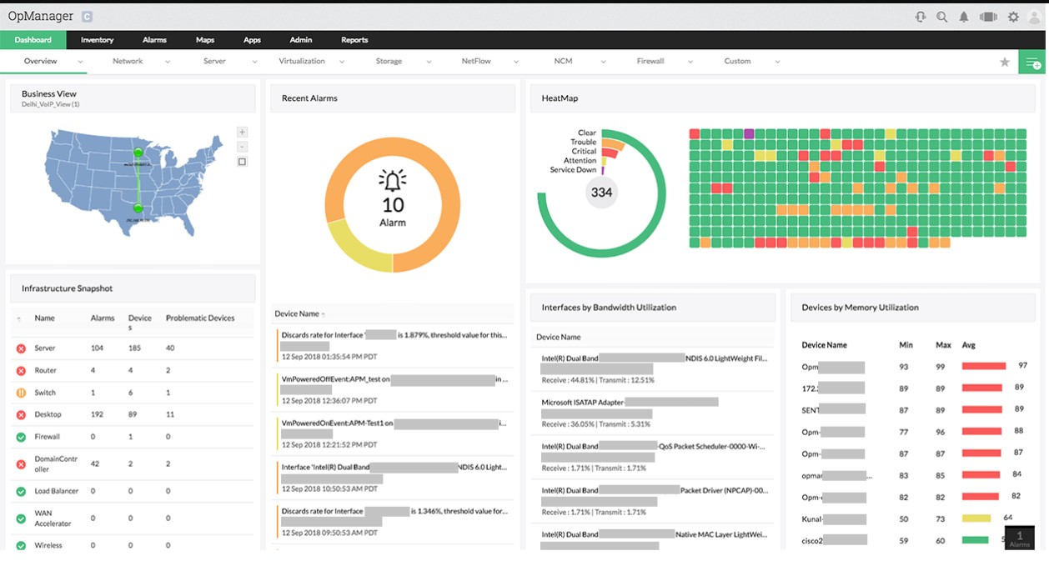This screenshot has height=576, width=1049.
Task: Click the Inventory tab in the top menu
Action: [x=97, y=40]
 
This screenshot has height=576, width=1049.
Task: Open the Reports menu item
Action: [x=354, y=40]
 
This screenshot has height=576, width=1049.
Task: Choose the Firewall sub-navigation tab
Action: [x=650, y=61]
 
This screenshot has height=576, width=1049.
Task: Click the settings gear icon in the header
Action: [x=1013, y=17]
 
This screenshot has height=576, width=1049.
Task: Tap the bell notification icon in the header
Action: [x=964, y=17]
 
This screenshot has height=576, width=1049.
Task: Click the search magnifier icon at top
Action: [x=941, y=17]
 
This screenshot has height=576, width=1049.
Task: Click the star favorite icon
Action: [x=1005, y=62]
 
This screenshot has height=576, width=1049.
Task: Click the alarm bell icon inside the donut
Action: [x=393, y=180]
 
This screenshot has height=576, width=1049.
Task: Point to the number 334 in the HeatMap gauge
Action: [x=601, y=193]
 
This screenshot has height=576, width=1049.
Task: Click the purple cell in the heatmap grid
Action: [x=749, y=133]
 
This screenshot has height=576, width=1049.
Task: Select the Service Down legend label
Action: [x=573, y=170]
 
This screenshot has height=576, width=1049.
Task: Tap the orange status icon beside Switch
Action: [x=21, y=393]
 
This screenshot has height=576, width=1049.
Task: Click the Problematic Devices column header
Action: [x=200, y=318]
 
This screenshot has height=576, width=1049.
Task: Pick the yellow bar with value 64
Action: [x=976, y=518]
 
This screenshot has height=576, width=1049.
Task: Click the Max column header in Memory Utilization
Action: [x=943, y=345]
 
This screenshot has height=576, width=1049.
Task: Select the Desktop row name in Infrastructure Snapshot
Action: [x=48, y=414]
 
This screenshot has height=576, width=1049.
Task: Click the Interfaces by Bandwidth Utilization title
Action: [x=609, y=308]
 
